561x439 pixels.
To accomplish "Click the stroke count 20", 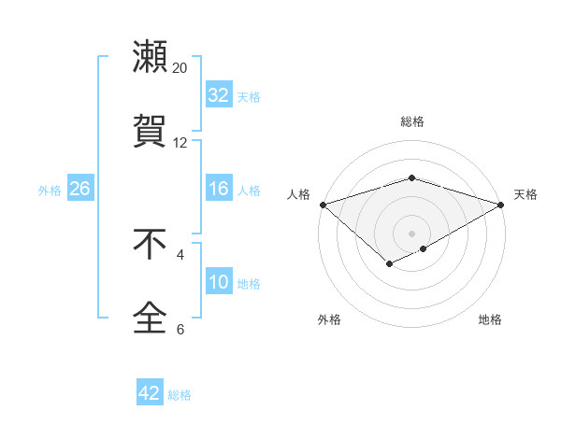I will point(180,68).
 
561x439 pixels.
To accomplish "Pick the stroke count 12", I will point(180,143).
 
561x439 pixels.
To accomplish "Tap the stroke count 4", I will point(180,254).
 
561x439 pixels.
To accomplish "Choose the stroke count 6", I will point(180,329).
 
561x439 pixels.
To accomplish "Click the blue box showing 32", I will point(218,95).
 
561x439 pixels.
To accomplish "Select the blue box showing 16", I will point(218,189).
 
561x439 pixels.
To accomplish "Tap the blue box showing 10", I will point(218,282).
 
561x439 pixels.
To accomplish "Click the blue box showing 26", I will point(79,189).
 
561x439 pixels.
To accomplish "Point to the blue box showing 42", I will point(150,393).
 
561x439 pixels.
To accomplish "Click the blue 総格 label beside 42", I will point(180,395).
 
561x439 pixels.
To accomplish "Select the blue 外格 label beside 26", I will point(50,190).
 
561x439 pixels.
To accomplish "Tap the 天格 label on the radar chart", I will point(525,194).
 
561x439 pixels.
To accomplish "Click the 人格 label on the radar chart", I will point(299,194).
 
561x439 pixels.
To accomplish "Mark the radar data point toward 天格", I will point(502,204).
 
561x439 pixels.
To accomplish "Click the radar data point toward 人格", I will point(322,204).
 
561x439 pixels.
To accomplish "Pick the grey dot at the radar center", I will point(411,233).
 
